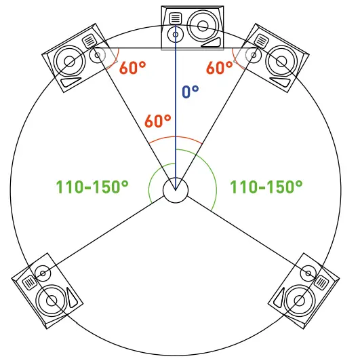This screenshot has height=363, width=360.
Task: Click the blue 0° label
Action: [x=191, y=92]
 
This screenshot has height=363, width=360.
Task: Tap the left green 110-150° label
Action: [x=92, y=187]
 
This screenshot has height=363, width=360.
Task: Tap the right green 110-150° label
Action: [x=266, y=187]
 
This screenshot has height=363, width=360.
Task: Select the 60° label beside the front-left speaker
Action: [x=132, y=68]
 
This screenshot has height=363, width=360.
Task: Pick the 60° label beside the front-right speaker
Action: [x=220, y=68]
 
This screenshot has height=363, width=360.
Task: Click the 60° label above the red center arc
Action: [x=158, y=121]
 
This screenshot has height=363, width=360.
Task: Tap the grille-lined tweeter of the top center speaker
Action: [x=176, y=18]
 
